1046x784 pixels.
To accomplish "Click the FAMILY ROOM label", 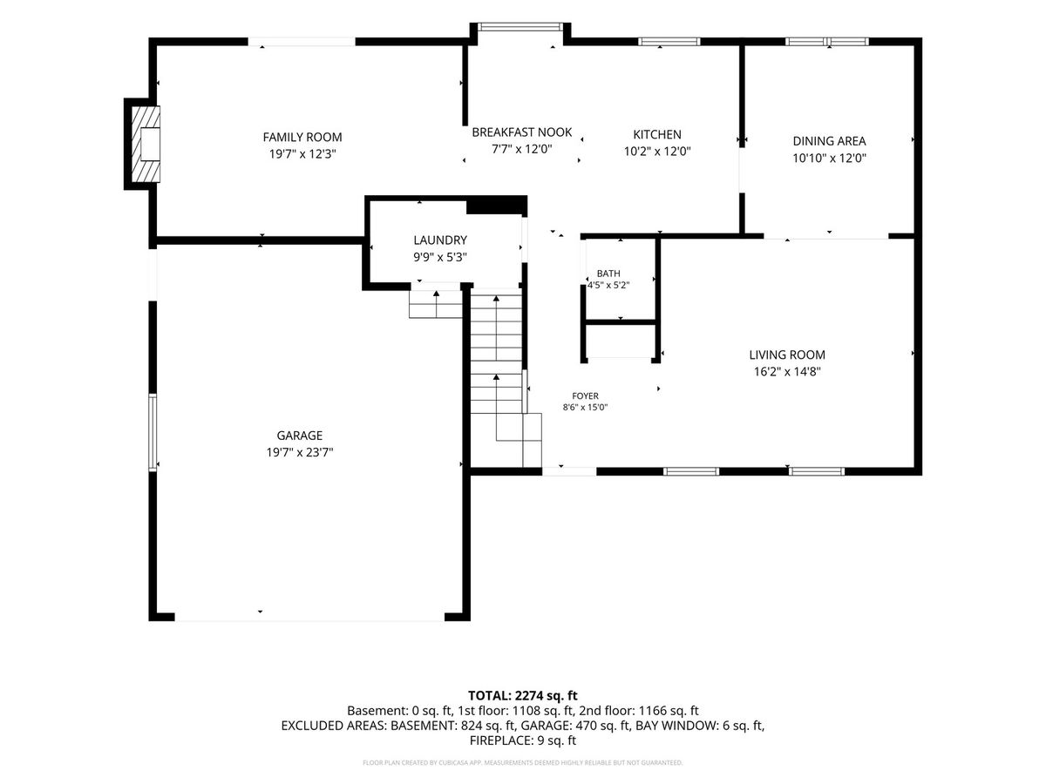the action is click(x=302, y=137).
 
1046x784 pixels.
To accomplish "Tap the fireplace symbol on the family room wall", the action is click(x=146, y=144).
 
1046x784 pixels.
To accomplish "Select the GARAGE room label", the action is click(x=299, y=435).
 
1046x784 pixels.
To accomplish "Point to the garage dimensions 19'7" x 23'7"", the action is click(x=299, y=452).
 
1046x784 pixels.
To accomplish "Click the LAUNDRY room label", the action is click(x=440, y=240).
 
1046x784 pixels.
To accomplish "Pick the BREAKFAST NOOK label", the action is click(x=522, y=132).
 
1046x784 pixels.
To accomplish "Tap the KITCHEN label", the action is click(x=657, y=134).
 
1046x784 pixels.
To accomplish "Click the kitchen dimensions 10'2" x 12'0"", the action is click(x=657, y=152).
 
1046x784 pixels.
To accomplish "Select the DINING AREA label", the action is click(x=829, y=141).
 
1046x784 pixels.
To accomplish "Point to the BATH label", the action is click(x=608, y=274).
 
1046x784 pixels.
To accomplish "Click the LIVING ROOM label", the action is click(x=787, y=355).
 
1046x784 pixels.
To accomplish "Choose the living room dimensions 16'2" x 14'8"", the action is click(x=787, y=371).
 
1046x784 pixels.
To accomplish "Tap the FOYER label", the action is click(x=585, y=396).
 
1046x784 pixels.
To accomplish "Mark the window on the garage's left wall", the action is click(x=153, y=433).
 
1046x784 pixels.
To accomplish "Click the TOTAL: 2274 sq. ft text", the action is click(x=523, y=696).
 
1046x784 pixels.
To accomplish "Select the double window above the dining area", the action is click(x=827, y=42).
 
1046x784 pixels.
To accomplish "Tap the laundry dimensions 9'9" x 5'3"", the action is click(x=440, y=257).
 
